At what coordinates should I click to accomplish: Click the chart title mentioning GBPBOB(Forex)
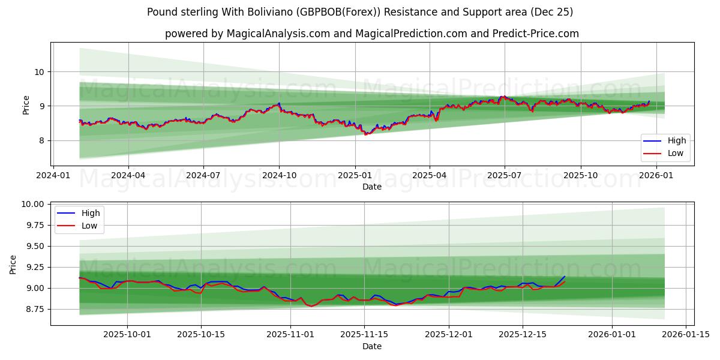(x=360, y=12)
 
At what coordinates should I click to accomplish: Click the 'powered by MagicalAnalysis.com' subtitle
(x=372, y=34)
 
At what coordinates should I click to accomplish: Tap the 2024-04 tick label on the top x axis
(x=128, y=175)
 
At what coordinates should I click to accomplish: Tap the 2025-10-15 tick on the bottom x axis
(x=201, y=335)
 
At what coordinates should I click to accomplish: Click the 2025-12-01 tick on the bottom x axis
(x=449, y=335)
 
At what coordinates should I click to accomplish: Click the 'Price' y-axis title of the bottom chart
(x=13, y=264)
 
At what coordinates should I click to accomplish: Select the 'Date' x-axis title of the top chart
(x=372, y=187)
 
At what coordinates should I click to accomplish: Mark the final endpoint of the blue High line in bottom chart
(x=565, y=277)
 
